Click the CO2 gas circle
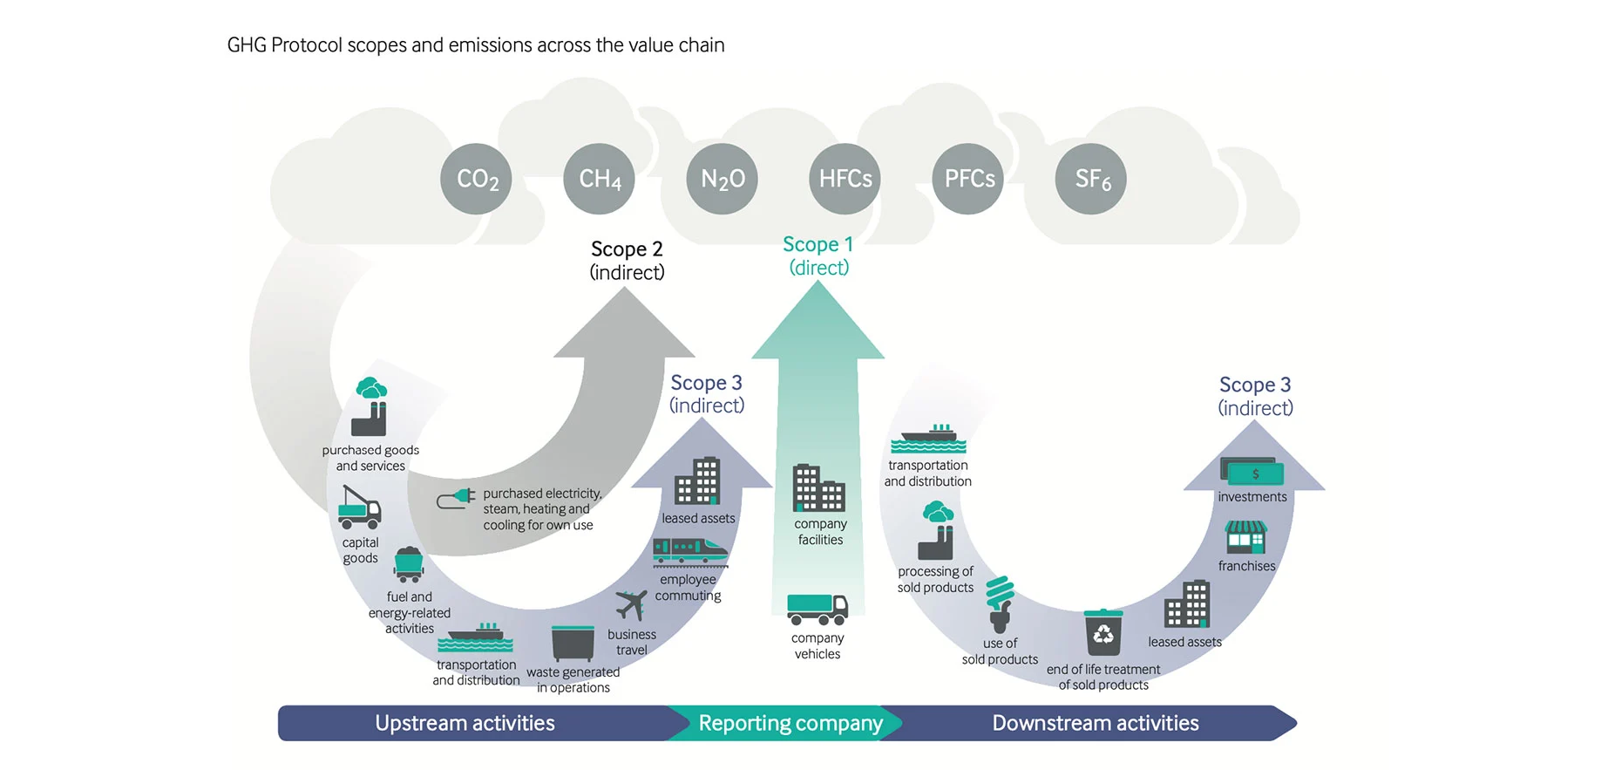[476, 179]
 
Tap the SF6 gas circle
[1090, 179]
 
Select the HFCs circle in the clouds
[845, 179]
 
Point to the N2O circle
[722, 179]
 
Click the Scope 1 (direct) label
[818, 256]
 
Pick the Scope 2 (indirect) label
[627, 260]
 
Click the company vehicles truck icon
[817, 609]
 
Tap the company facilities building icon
[818, 487]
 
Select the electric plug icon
[456, 499]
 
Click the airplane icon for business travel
[631, 604]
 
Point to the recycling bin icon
[1103, 632]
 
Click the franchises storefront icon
[1245, 538]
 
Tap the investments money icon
[1252, 472]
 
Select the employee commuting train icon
[689, 552]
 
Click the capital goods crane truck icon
[359, 508]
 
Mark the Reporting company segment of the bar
[790, 723]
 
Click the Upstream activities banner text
[465, 723]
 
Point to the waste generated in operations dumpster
[573, 644]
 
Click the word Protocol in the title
[306, 45]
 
